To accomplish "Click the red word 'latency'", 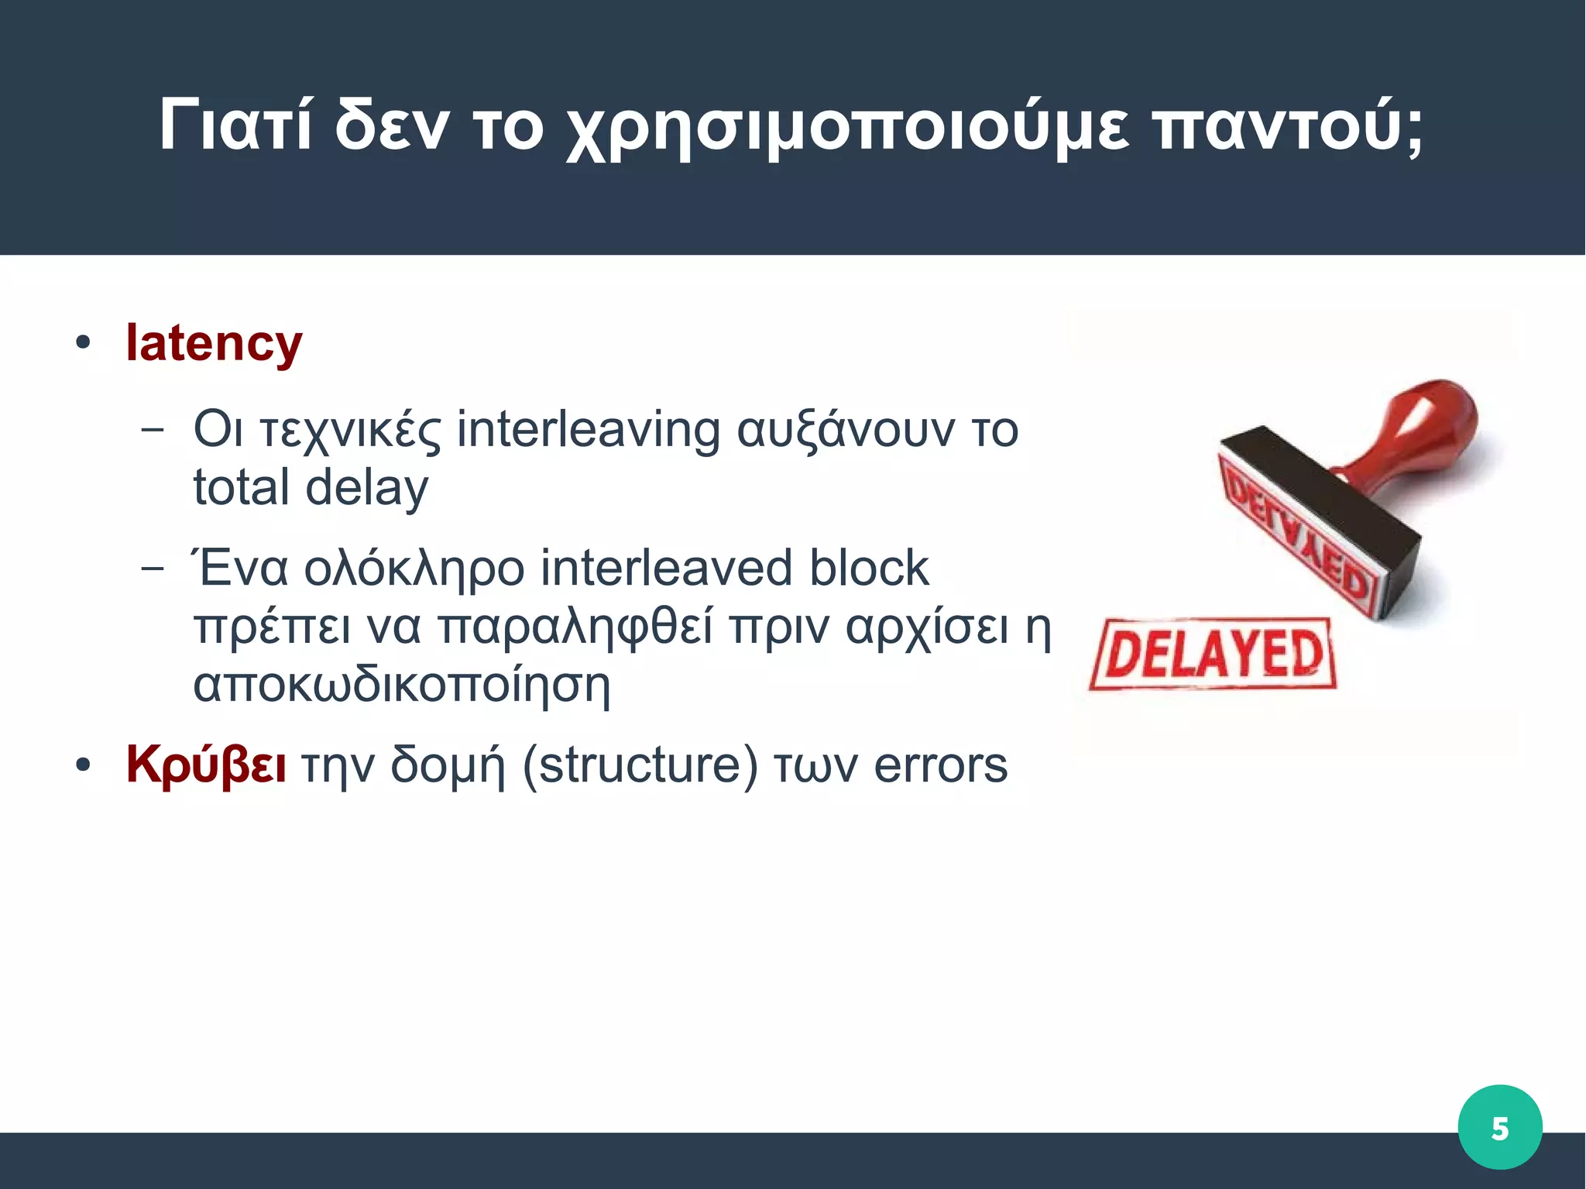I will tap(214, 343).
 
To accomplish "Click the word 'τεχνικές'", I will tap(351, 431).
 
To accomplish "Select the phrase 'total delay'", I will tap(311, 488).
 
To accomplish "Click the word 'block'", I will tap(868, 568).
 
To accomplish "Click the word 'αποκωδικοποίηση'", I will tap(402, 685).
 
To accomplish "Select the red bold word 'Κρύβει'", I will tap(206, 765).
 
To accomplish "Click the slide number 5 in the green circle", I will tap(1499, 1128).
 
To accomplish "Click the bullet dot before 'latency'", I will tap(83, 342).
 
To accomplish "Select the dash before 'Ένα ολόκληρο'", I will tap(153, 568).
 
